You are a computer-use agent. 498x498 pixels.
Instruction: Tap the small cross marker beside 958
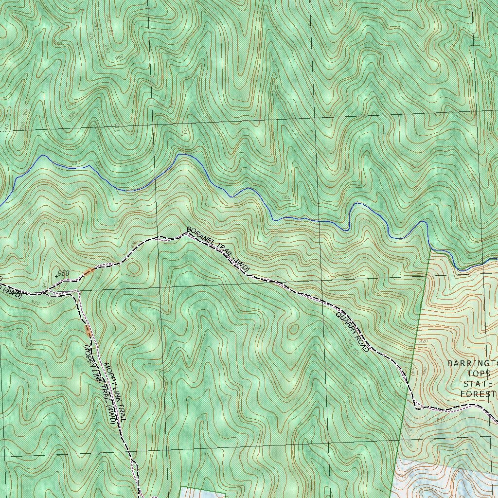tap(56, 275)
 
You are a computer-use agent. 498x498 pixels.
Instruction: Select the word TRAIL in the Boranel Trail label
tap(222, 252)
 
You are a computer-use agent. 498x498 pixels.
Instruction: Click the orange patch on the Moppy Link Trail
tap(88, 331)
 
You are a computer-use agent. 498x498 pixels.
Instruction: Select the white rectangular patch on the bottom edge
tap(203, 492)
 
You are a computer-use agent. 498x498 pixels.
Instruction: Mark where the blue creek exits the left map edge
tap(1, 204)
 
